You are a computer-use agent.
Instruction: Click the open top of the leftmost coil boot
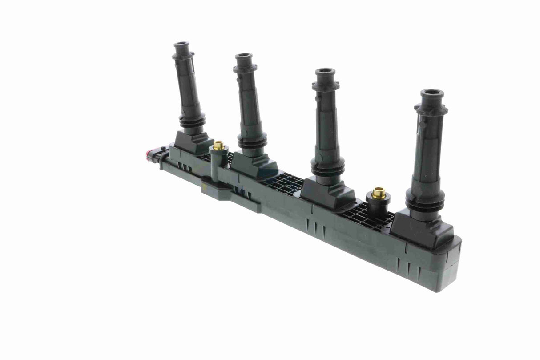coord(181,45)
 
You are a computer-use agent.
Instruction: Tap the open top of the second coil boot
coord(243,57)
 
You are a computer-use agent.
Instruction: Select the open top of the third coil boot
coord(325,71)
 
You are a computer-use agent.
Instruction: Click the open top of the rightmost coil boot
coord(432,94)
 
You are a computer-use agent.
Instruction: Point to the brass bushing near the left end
coord(218,145)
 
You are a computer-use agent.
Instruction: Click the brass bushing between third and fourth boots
coord(379,193)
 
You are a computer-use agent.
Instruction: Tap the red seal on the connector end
coord(148,155)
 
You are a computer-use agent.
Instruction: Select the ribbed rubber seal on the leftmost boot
coord(193,121)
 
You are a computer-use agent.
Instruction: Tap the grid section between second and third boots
coord(285,183)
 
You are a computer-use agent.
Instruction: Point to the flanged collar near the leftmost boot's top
coord(183,56)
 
